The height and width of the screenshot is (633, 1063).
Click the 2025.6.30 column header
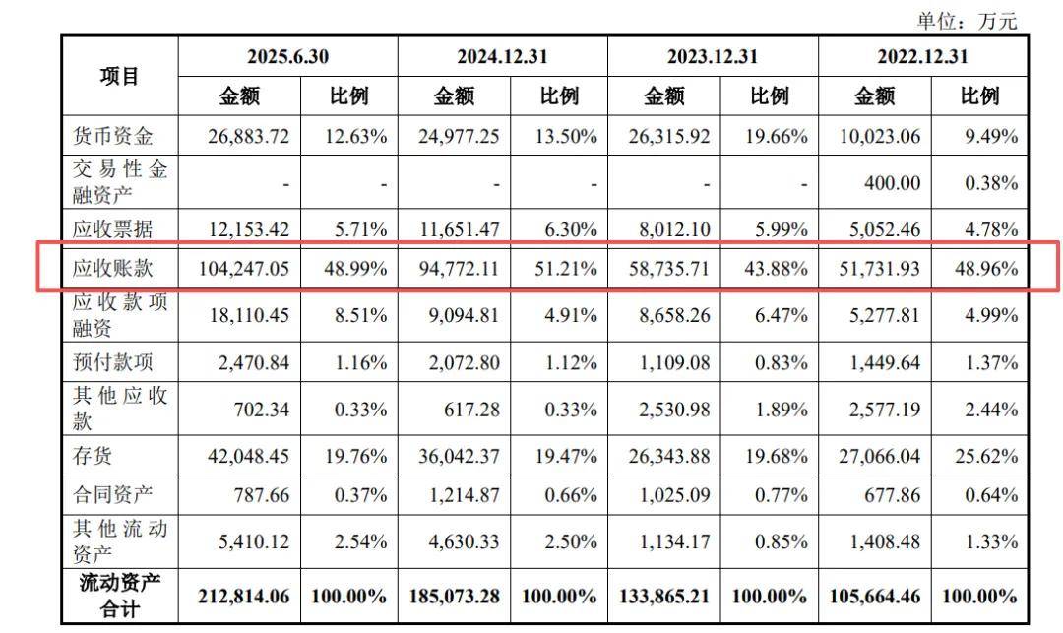click(x=287, y=56)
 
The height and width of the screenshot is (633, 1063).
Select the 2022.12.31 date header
click(x=922, y=56)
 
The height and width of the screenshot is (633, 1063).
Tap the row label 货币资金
click(x=114, y=136)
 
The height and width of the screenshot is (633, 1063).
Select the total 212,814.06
click(x=242, y=596)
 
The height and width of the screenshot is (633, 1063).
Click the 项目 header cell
click(x=120, y=76)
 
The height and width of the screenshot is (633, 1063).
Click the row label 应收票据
click(x=114, y=229)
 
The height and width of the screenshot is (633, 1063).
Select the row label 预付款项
click(x=114, y=362)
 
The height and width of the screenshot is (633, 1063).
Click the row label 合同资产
click(x=114, y=494)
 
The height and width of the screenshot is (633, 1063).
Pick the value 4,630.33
click(x=459, y=541)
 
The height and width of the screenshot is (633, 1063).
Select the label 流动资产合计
click(x=120, y=596)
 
